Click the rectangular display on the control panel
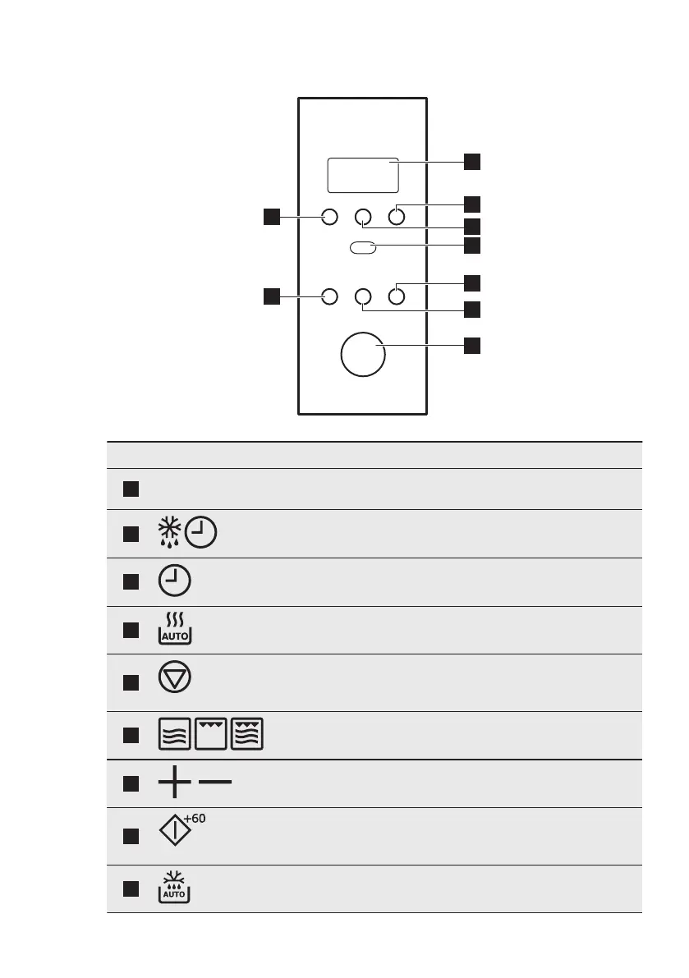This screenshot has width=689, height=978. click(x=363, y=175)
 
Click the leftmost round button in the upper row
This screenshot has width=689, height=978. click(x=329, y=217)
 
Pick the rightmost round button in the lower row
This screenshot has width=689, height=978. click(x=397, y=296)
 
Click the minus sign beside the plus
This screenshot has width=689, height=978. click(x=215, y=783)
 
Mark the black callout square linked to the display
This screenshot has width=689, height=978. click(x=472, y=161)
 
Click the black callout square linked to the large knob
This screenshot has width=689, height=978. click(x=472, y=346)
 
